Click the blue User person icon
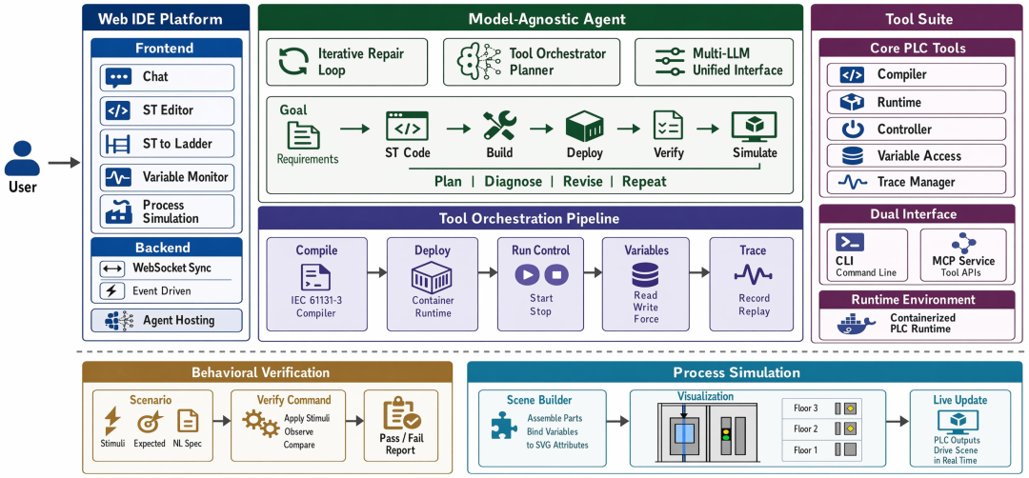22,158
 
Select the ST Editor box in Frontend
168,110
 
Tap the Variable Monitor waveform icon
118,177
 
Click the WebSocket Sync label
171,268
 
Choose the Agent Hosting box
166,321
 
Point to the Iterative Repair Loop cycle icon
293,62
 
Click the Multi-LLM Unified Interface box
714,62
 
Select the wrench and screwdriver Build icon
499,126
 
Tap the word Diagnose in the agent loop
514,182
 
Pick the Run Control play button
528,274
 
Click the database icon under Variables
645,275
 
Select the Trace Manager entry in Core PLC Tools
917,182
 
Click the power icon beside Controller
852,129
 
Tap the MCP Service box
963,254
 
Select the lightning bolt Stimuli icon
112,421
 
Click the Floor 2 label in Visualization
805,428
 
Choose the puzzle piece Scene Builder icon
504,425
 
